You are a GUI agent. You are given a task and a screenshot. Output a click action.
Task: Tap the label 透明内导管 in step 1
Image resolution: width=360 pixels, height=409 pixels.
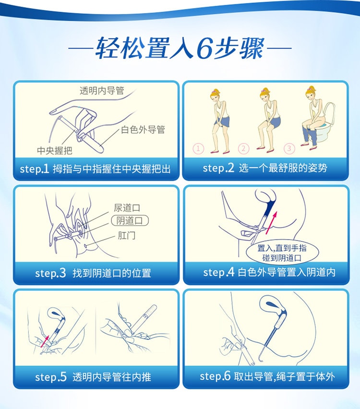(102, 91)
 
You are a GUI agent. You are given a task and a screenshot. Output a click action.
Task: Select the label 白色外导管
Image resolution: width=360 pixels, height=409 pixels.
(143, 130)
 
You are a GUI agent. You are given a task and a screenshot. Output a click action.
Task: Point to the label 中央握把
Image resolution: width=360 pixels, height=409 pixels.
(55, 151)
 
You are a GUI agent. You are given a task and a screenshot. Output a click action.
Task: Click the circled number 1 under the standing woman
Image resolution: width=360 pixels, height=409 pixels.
(198, 149)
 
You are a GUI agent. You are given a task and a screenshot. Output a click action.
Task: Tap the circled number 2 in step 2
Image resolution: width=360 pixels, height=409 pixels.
(243, 149)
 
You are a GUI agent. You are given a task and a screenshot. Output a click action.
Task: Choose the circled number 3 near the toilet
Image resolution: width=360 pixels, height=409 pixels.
(289, 149)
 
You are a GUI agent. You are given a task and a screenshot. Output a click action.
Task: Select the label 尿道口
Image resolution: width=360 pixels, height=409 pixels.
(127, 208)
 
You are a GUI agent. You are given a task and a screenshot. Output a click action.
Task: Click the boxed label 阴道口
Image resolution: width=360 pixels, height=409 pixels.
(130, 221)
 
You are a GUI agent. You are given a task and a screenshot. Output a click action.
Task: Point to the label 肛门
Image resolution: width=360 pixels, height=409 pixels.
(127, 236)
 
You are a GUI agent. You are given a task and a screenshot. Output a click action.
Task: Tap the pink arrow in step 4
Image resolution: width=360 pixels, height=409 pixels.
(271, 222)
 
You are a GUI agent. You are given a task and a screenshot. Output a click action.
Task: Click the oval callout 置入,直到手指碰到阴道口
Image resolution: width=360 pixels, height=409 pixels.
(282, 253)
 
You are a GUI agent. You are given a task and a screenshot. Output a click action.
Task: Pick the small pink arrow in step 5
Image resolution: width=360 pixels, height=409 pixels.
(45, 341)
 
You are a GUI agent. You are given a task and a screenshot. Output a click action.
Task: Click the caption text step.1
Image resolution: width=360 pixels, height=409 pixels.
(35, 169)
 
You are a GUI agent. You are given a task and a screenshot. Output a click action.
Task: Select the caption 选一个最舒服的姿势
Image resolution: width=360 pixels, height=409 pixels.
(283, 168)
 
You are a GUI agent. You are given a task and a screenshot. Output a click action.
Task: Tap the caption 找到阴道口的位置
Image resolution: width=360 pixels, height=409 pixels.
(112, 273)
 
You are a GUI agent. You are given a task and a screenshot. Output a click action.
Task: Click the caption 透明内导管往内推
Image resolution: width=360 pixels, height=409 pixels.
(112, 377)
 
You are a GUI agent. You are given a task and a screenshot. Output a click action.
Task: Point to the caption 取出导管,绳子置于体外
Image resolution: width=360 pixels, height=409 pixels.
(284, 376)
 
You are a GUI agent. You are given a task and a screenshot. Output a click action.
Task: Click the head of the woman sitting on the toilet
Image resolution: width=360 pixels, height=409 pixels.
(312, 95)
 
